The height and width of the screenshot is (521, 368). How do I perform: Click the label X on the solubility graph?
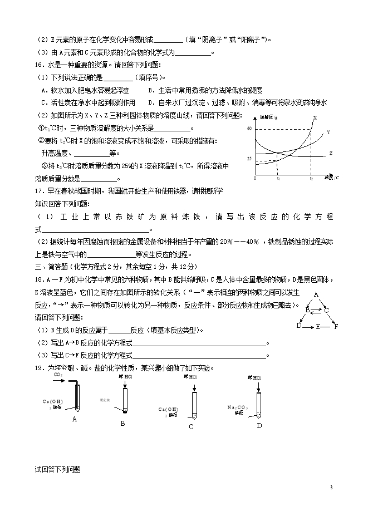coord(315,118)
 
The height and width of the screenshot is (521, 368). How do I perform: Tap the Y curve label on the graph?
coord(328,132)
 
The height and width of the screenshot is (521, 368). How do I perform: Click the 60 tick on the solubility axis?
coord(249,129)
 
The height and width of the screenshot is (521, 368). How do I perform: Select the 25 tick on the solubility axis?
coord(249,159)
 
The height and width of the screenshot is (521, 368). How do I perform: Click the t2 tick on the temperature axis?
coord(311,179)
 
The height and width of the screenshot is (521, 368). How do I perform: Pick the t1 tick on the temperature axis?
coord(278,179)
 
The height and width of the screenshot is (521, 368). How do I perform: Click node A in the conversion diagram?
coord(316,294)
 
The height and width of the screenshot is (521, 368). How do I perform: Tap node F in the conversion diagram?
coord(336,326)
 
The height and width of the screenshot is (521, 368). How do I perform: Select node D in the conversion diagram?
coord(298,326)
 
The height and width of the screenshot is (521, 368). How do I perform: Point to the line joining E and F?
coord(327,326)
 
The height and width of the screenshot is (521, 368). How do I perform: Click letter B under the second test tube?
coord(122,423)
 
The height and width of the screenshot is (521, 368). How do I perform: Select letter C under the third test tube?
coord(191,426)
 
